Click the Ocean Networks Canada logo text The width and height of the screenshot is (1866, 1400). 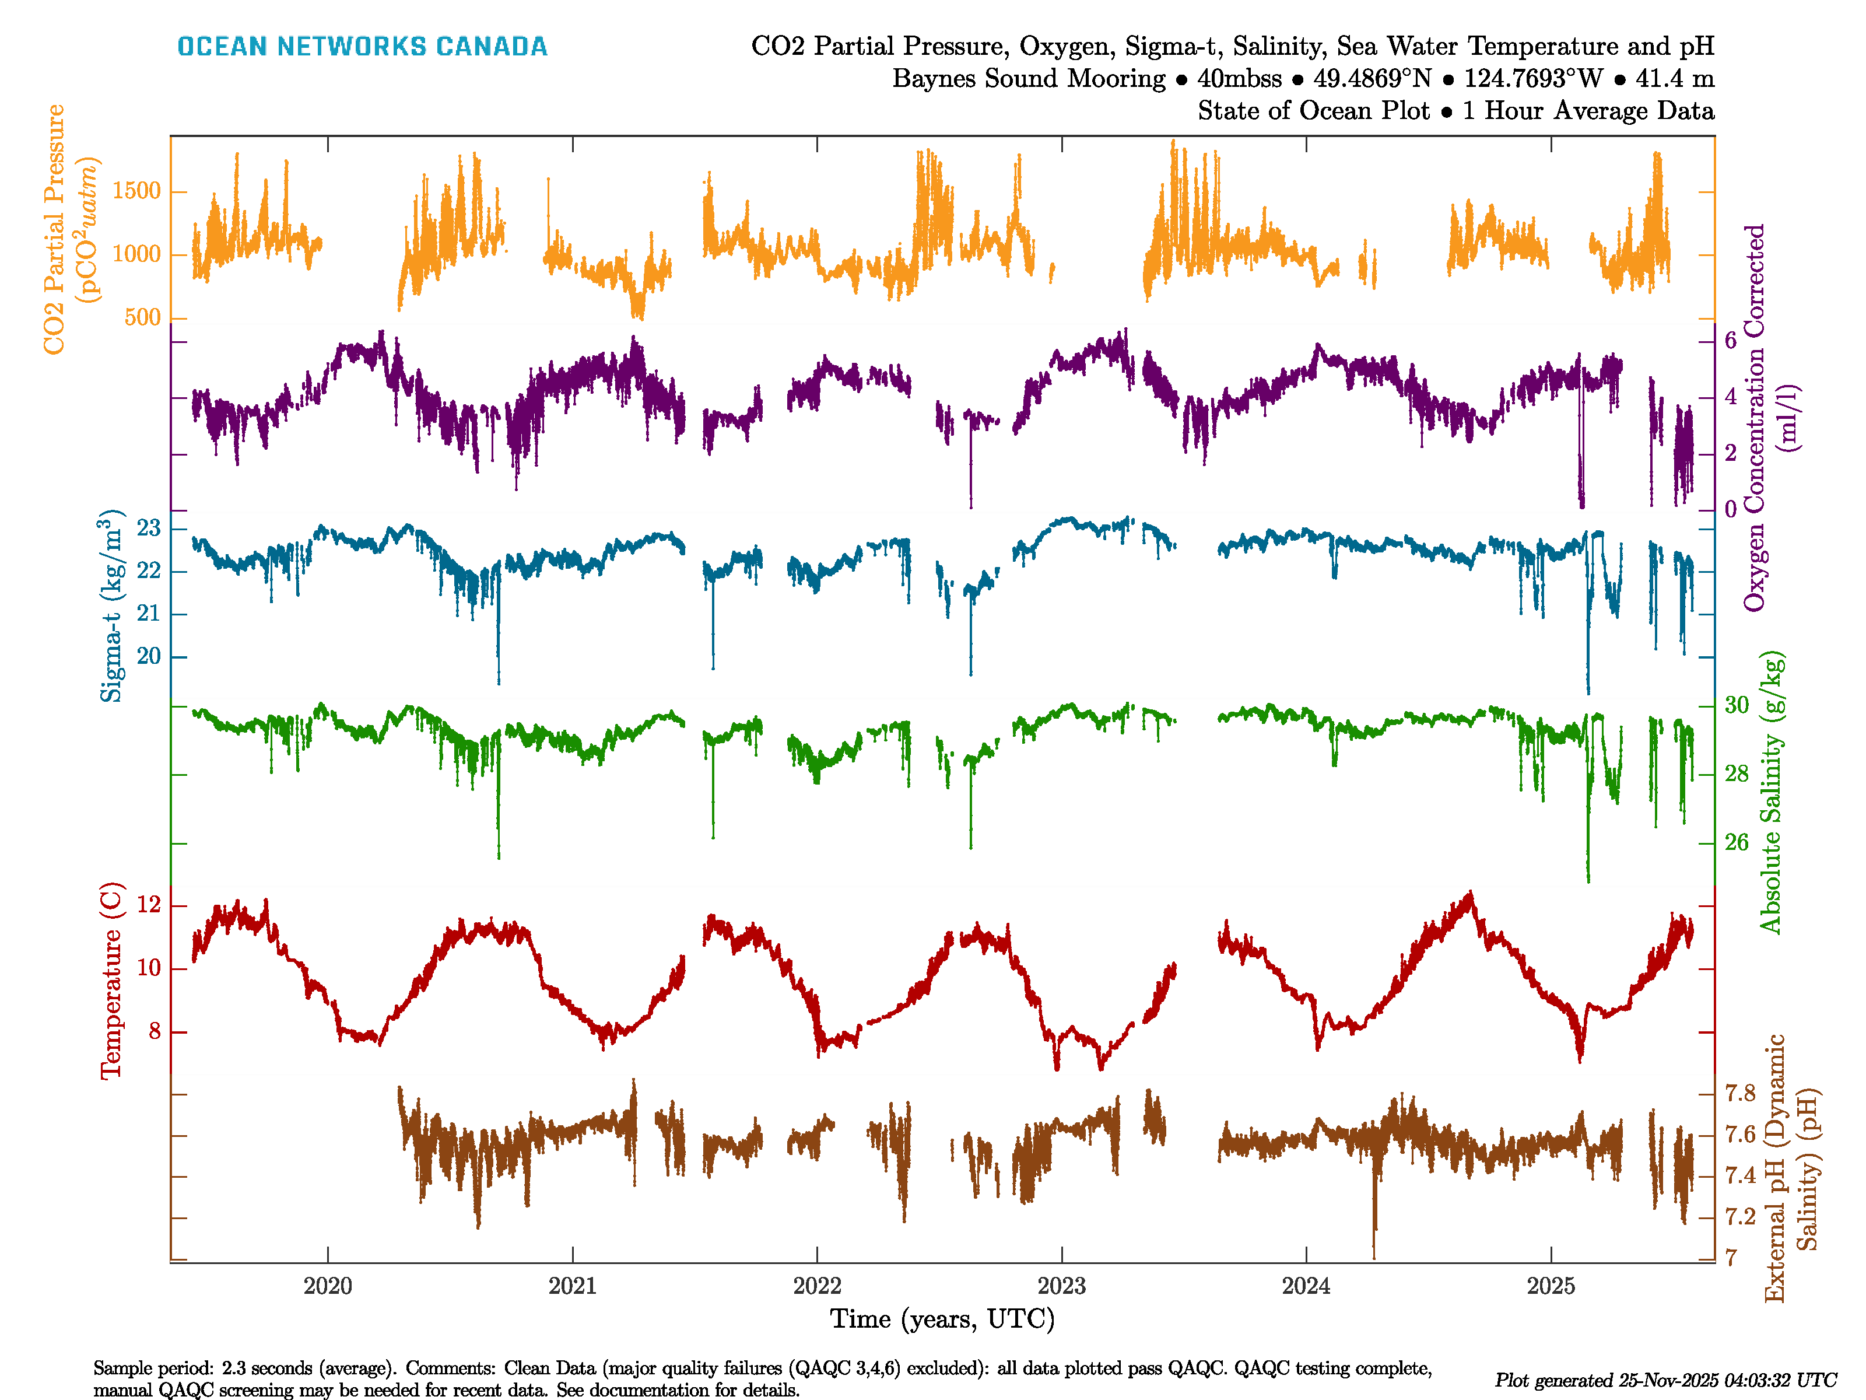click(362, 47)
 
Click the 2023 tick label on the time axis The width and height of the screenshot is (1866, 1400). click(1061, 1286)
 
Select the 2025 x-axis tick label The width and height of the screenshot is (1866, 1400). click(1551, 1286)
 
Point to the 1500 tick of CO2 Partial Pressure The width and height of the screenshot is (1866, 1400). click(136, 191)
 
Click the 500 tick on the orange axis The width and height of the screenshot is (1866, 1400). click(142, 318)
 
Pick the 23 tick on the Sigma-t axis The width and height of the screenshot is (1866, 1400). click(149, 529)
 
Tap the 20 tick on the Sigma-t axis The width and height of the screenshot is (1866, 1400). click(149, 656)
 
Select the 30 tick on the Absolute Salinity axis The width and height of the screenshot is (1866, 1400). click(1736, 705)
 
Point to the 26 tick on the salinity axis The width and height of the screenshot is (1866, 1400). click(1736, 842)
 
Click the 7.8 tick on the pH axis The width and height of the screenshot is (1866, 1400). click(1739, 1094)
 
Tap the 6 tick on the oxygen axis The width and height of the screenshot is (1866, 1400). click(1730, 341)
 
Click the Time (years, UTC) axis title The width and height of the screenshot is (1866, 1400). click(942, 1319)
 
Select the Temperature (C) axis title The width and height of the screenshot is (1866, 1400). click(111, 981)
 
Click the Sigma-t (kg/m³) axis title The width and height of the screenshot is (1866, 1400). click(111, 605)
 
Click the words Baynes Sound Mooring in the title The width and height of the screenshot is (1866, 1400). click(1028, 79)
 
